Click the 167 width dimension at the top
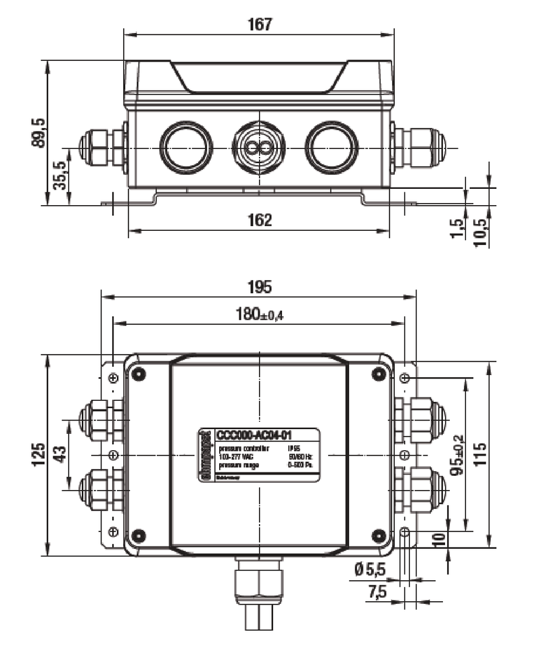pyautogui.click(x=260, y=25)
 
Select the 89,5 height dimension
pyautogui.click(x=39, y=132)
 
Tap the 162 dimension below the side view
pyautogui.click(x=260, y=220)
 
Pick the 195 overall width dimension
pyautogui.click(x=259, y=286)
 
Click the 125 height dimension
pyautogui.click(x=39, y=454)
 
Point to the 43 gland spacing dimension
pyautogui.click(x=60, y=454)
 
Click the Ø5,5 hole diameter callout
pyautogui.click(x=369, y=571)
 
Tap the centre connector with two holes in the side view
pyautogui.click(x=258, y=147)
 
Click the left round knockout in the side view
pyautogui.click(x=186, y=147)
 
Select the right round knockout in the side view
pyautogui.click(x=331, y=147)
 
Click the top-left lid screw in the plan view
pyautogui.click(x=139, y=373)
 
